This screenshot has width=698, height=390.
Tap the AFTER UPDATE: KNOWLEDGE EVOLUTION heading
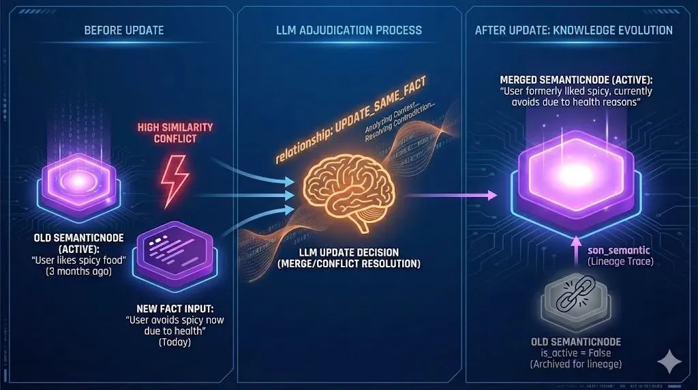(574, 30)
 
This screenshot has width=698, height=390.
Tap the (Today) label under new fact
(175, 342)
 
